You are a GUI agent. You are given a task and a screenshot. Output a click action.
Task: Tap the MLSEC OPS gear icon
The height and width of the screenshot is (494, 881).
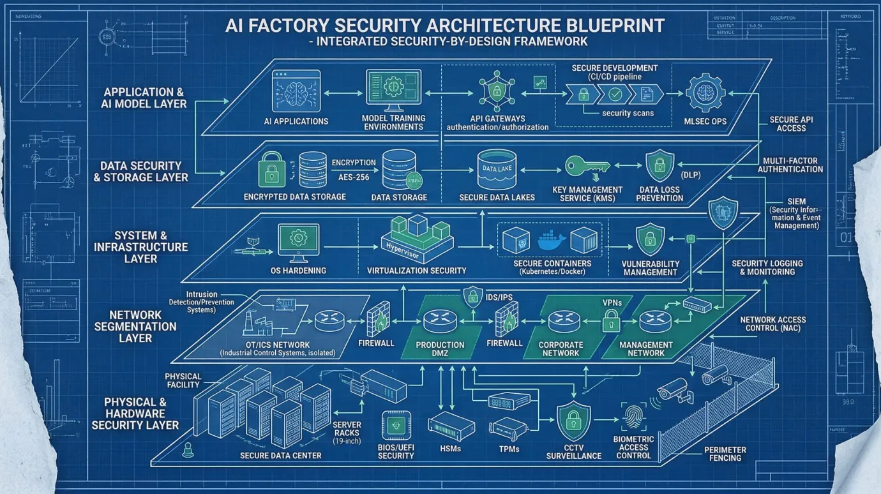click(705, 93)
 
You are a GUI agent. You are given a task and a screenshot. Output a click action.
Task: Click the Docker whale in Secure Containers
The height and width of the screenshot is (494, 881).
click(552, 241)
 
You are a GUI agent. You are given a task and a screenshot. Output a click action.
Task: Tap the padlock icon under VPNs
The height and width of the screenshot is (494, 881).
click(611, 318)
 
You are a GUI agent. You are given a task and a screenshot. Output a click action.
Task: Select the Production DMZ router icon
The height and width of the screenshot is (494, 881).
click(440, 318)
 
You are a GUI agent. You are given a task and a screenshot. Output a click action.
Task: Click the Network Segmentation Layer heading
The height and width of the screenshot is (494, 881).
click(135, 326)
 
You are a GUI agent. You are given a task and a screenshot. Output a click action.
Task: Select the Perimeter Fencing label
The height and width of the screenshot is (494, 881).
click(725, 454)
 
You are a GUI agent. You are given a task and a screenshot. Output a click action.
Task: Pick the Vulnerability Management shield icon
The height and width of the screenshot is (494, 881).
click(651, 239)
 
